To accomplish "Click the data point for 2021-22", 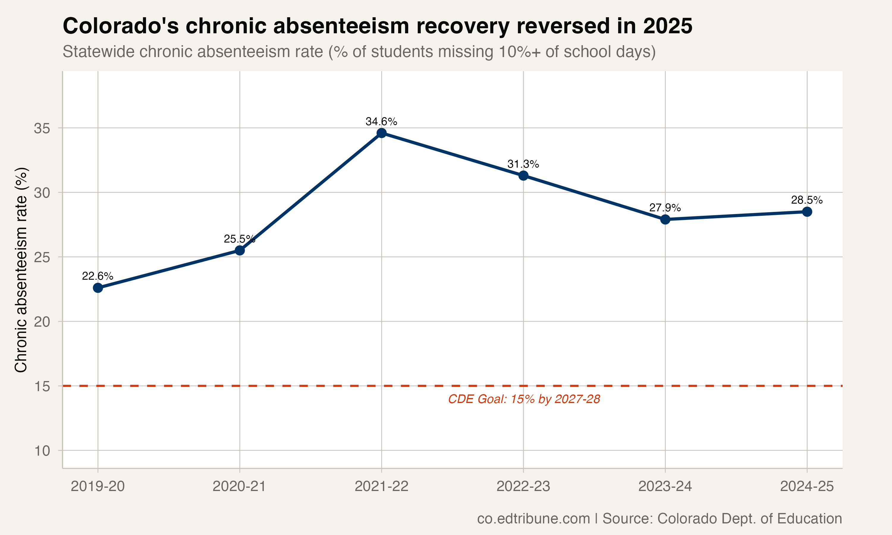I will point(381,133).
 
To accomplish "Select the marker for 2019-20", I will point(98,288).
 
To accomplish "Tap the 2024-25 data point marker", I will point(807,212).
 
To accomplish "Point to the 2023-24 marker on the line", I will point(665,219).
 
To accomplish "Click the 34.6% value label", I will point(381,122).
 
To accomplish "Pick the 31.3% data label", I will point(523,164).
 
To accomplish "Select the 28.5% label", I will point(807,200).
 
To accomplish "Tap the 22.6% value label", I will point(98,276).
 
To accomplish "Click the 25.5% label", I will point(239,239).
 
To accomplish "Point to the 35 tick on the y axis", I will point(42,128).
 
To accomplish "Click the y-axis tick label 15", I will point(42,386).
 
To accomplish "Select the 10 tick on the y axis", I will point(42,451).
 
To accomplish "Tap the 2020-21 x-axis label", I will point(239,487).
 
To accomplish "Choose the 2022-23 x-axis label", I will point(523,487).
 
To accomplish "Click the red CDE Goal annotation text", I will point(524,399).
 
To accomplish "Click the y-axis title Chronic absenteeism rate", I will point(21,270).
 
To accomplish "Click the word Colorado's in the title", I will point(121,26).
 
